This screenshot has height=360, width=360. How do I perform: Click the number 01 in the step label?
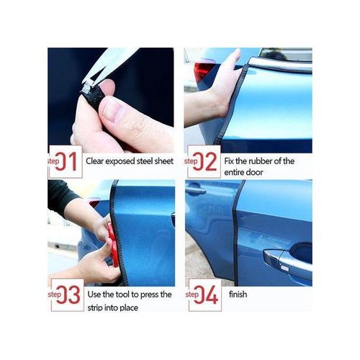[69, 161]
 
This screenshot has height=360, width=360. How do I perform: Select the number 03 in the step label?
[69, 295]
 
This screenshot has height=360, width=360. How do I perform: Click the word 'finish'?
[239, 294]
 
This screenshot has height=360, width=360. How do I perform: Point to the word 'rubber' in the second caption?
[266, 161]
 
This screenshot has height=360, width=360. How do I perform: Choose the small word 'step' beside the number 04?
[193, 294]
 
